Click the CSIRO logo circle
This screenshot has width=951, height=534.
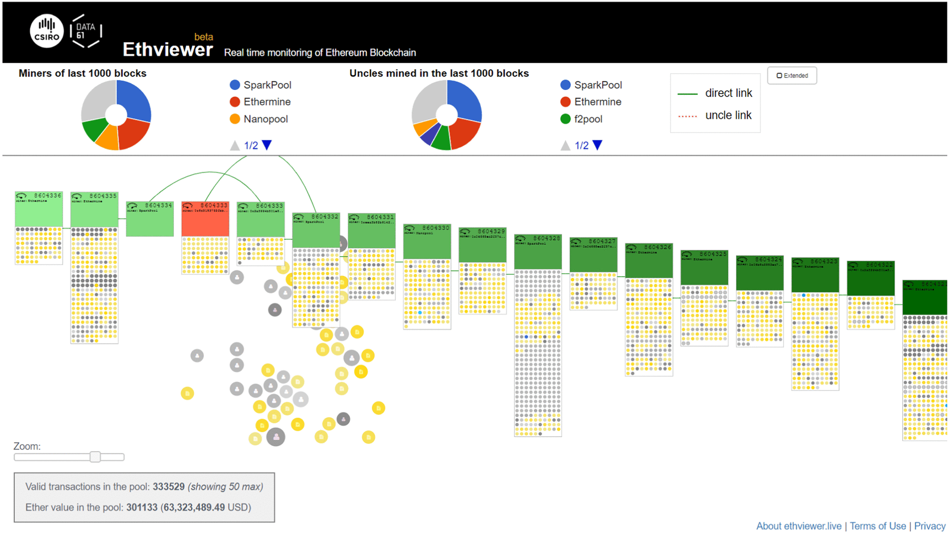tap(46, 31)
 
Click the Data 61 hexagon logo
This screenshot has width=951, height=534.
tap(85, 31)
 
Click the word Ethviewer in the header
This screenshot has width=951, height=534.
tap(167, 50)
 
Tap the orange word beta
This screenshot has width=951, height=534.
tap(203, 37)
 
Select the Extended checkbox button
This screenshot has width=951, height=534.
tap(791, 75)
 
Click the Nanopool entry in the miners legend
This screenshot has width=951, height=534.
tap(265, 119)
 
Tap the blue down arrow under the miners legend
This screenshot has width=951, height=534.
tap(267, 145)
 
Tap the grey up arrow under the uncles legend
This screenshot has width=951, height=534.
tap(565, 145)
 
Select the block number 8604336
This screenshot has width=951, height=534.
tap(47, 195)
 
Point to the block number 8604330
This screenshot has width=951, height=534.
tap(435, 228)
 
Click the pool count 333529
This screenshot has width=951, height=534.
tap(168, 487)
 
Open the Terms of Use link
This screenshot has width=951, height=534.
tap(877, 526)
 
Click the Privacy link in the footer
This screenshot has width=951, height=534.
tap(930, 526)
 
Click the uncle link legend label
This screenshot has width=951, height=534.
tap(728, 115)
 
